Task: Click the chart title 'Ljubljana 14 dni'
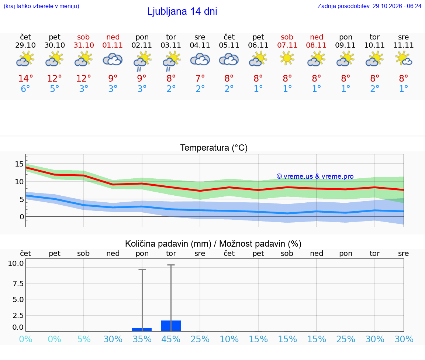pyautogui.click(x=182, y=11)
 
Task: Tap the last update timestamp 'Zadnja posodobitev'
pyautogui.click(x=369, y=6)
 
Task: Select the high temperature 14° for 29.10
pyautogui.click(x=25, y=78)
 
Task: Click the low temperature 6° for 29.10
pyautogui.click(x=25, y=89)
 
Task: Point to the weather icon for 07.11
pyautogui.click(x=287, y=59)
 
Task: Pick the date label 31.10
pyautogui.click(x=84, y=45)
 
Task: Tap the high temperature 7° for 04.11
pyautogui.click(x=200, y=78)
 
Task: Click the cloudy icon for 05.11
pyautogui.click(x=229, y=59)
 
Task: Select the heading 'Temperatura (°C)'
pyautogui.click(x=214, y=148)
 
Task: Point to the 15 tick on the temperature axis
pyautogui.click(x=19, y=164)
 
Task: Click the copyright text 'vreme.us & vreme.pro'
pyautogui.click(x=315, y=176)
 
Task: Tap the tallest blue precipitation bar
pyautogui.click(x=171, y=326)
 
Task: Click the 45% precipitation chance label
pyautogui.click(x=171, y=339)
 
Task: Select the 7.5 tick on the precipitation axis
pyautogui.click(x=18, y=284)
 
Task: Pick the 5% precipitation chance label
pyautogui.click(x=84, y=339)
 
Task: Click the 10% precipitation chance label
pyautogui.click(x=229, y=339)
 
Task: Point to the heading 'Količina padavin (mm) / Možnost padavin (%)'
pyautogui.click(x=213, y=244)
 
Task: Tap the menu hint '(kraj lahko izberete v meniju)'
pyautogui.click(x=41, y=6)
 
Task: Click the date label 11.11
pyautogui.click(x=404, y=45)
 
